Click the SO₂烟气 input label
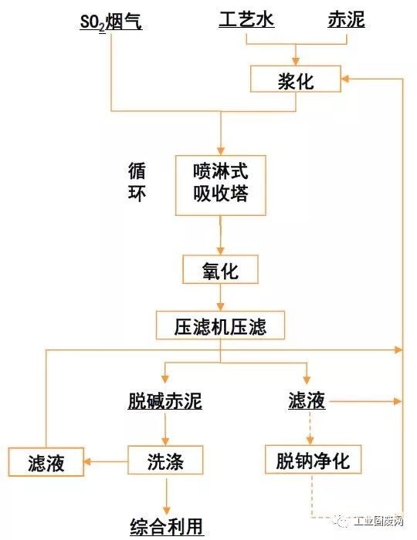pos(111,22)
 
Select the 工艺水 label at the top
pos(246,19)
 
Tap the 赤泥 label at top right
pos(346,19)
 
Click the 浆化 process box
pos(296,79)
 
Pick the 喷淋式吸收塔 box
pos(221,185)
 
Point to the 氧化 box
pos(221,269)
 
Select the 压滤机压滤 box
pos(220,326)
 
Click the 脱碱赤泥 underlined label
pos(165,401)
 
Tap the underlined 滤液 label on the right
pos(307,400)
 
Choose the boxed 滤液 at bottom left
pos(46,462)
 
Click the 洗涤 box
pos(165,461)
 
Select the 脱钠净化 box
pos(313,460)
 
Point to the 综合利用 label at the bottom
pos(167,527)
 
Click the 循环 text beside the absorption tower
pos(137,181)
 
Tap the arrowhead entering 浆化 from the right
pos(345,79)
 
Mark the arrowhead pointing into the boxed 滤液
pos(87,461)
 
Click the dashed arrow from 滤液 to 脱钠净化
pos(310,427)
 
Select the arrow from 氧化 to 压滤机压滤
pos(221,298)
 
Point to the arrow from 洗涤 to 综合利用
pos(167,494)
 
